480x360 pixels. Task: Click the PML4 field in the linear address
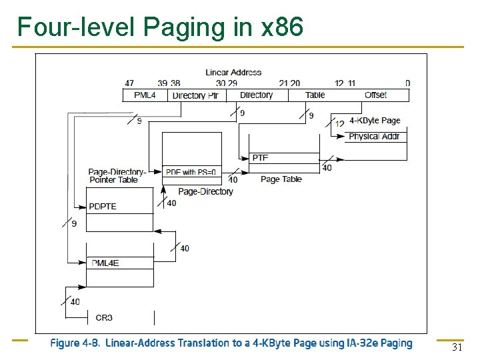click(x=145, y=95)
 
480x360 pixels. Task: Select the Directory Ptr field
click(x=195, y=95)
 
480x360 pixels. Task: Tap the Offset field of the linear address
click(x=375, y=95)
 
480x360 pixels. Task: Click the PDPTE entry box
click(x=120, y=207)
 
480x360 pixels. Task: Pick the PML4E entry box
click(x=120, y=263)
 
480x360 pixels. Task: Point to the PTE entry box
click(x=283, y=158)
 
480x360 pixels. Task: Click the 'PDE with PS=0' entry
click(x=191, y=172)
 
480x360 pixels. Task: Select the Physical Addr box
click(x=373, y=137)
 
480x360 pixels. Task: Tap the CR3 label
click(x=104, y=318)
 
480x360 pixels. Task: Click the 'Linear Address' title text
click(x=233, y=72)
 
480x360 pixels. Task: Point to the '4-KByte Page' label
click(x=375, y=121)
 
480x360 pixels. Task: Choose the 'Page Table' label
click(x=281, y=179)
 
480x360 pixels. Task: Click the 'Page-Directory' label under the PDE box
click(x=205, y=192)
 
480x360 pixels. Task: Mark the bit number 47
click(x=129, y=83)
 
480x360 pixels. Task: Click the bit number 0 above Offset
click(x=407, y=83)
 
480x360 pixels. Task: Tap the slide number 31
click(x=457, y=347)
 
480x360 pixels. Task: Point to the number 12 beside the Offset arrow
click(x=339, y=123)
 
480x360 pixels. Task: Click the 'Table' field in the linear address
click(x=315, y=95)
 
